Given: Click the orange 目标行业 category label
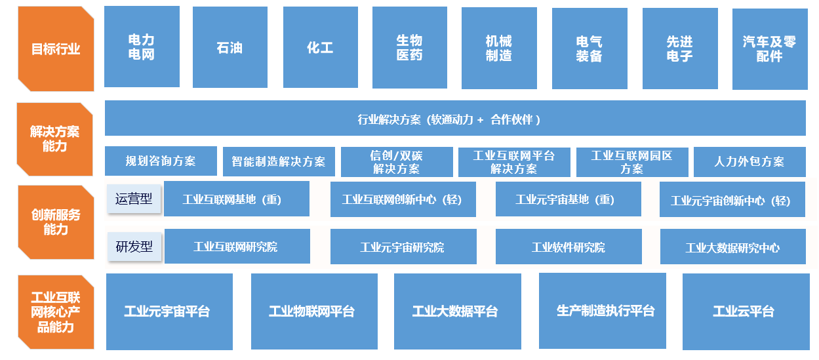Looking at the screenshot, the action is pyautogui.click(x=56, y=49).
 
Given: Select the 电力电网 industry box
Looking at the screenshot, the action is pyautogui.click(x=142, y=47).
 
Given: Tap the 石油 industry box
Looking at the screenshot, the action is pyautogui.click(x=230, y=47).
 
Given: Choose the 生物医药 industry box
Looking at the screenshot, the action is pyautogui.click(x=409, y=47).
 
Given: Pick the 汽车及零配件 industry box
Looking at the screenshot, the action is pyautogui.click(x=770, y=49).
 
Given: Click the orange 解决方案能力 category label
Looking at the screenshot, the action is pyautogui.click(x=55, y=139).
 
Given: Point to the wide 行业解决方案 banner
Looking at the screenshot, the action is pyautogui.click(x=455, y=118).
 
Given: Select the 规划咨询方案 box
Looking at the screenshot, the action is pyautogui.click(x=161, y=161).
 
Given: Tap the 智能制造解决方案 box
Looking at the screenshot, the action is pyautogui.click(x=279, y=161).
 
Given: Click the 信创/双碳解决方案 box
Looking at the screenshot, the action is pyautogui.click(x=397, y=162).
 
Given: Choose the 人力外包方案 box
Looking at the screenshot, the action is pyautogui.click(x=749, y=161).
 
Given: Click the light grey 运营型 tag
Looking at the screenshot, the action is pyautogui.click(x=134, y=199).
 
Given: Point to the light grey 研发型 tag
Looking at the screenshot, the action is pyautogui.click(x=134, y=247).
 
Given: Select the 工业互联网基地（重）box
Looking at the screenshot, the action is pyautogui.click(x=237, y=199).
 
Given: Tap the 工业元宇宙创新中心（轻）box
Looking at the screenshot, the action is pyautogui.click(x=732, y=199).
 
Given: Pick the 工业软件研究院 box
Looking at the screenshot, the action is pyautogui.click(x=569, y=247).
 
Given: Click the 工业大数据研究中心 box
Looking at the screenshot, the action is pyautogui.click(x=732, y=247).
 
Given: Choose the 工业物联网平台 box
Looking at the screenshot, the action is pyautogui.click(x=314, y=311).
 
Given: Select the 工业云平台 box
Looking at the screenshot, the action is pyautogui.click(x=746, y=311).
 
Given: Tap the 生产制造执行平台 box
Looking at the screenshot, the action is pyautogui.click(x=602, y=311).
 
